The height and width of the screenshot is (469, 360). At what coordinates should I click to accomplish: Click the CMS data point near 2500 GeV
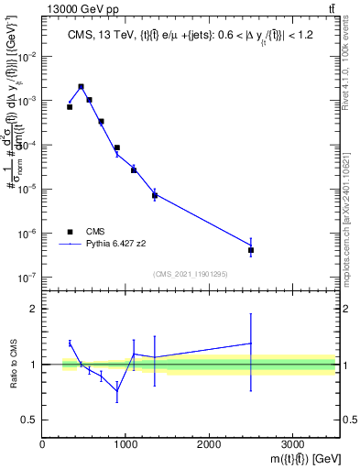(251, 249)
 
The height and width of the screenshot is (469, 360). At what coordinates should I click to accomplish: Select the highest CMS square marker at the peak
(82, 87)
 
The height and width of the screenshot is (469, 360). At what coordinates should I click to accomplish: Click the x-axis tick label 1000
(125, 443)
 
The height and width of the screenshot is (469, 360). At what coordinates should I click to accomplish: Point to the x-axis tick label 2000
(209, 443)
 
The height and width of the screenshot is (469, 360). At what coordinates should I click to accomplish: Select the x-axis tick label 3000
(292, 443)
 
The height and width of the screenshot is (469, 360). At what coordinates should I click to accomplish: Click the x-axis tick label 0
(42, 443)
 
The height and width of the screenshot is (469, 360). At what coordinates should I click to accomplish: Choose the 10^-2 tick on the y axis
(27, 56)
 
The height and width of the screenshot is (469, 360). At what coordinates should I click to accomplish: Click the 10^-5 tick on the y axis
(27, 189)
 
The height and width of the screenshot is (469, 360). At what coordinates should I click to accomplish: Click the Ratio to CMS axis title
(12, 364)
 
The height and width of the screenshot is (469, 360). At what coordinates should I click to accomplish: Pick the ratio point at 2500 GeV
(251, 344)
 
